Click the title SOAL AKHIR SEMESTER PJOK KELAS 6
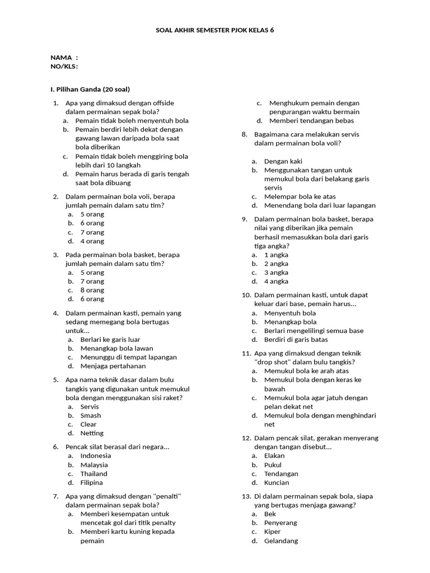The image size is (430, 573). [215, 30]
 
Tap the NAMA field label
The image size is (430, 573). [62, 58]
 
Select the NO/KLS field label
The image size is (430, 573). [64, 66]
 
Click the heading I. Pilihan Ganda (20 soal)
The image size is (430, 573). [90, 89]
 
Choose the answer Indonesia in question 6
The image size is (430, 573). [96, 455]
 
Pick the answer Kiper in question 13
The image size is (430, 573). [273, 532]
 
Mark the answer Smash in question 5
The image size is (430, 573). [91, 415]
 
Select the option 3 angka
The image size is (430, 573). [277, 273]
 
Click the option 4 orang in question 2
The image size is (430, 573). [92, 241]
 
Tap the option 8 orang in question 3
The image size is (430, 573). [92, 290]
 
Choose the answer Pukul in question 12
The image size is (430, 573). [273, 464]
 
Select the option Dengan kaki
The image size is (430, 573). [283, 161]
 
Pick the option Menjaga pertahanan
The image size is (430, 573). [113, 366]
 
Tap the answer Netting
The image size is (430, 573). [92, 433]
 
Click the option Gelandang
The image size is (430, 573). [281, 541]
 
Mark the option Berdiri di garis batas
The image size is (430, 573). [296, 339]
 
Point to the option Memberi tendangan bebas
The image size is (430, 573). [309, 120]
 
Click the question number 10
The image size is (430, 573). [246, 295]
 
